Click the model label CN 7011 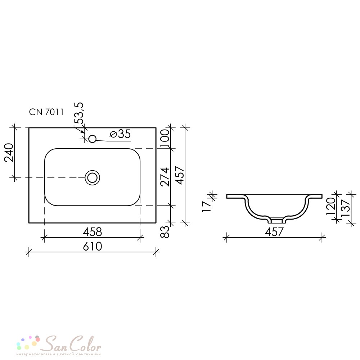coord(46,112)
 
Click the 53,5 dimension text coord(79,113)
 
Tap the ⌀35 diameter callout coord(120,134)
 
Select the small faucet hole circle coord(92,139)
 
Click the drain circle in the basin coord(93,178)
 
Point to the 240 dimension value coord(9,153)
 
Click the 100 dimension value coord(165,139)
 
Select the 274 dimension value coord(165,177)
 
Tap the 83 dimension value coord(165,231)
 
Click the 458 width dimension coord(92,232)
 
